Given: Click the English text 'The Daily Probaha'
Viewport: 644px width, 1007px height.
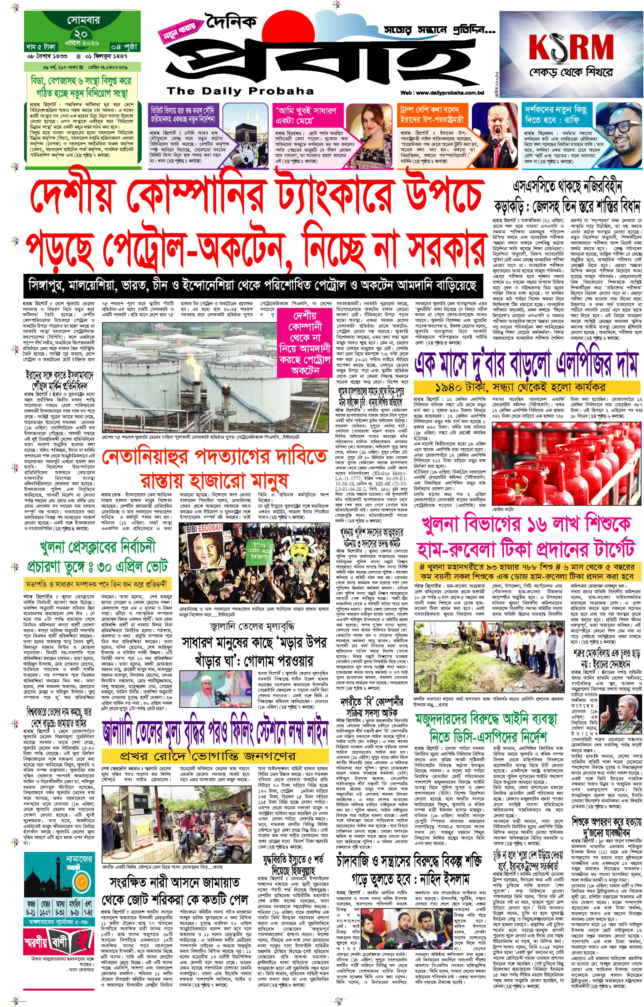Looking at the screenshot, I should click(x=240, y=91).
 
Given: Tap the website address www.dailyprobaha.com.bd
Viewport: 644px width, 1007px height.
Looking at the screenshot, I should click(x=442, y=93).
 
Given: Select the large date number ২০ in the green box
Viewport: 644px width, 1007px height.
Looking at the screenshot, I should click(x=81, y=34).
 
